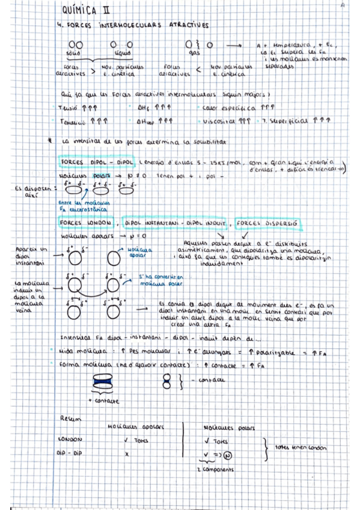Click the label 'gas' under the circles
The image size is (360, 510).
[x=194, y=54]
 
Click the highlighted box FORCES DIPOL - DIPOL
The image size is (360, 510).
[x=97, y=162]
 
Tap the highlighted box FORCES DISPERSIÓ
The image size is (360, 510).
[x=270, y=223]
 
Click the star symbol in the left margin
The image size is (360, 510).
[x=52, y=141]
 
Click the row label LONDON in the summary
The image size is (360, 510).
[x=69, y=440]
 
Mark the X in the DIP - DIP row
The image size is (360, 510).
[x=127, y=453]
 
